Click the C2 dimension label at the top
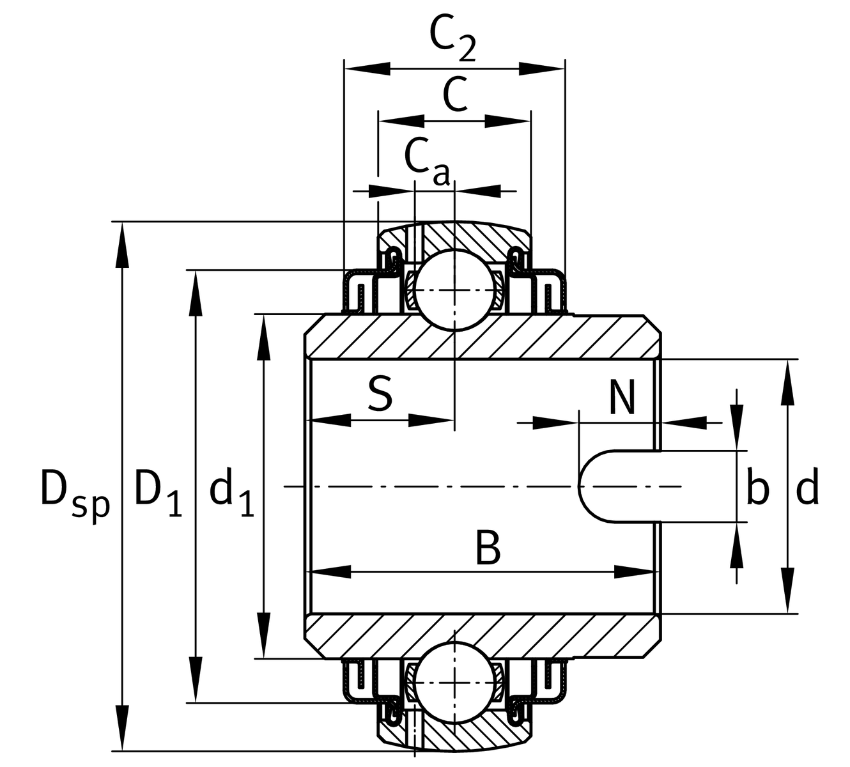pos(452,40)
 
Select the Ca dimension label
pos(427,160)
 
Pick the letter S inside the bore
pos(380,394)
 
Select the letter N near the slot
pos(622,397)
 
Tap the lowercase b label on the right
pos(757,486)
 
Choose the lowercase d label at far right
pos(807,486)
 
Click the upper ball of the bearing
pos(454,290)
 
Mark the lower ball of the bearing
pos(454,683)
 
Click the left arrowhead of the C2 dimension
pos(367,68)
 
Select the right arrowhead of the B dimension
pos(636,571)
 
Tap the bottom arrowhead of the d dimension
pos(788,591)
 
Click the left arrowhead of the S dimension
pos(330,421)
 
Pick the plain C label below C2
pos(454,94)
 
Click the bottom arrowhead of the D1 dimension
pos(196,679)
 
